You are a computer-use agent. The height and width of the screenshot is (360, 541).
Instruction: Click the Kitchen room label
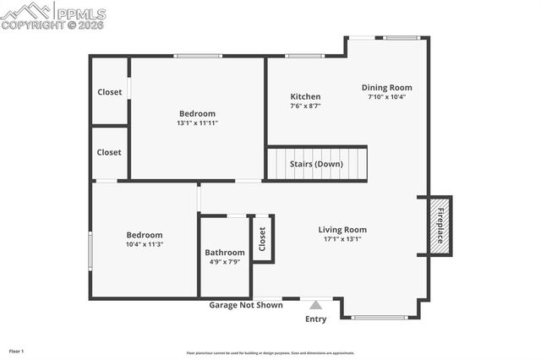coord(305,97)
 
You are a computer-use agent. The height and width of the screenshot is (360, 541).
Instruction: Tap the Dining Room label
coord(386,87)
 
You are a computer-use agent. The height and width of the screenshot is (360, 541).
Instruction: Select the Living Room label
coord(342,229)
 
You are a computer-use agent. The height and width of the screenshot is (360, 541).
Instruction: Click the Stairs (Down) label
coord(317,163)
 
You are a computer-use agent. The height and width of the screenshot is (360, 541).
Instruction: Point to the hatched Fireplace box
coord(440,224)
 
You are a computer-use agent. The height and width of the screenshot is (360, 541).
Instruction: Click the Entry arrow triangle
coord(315,305)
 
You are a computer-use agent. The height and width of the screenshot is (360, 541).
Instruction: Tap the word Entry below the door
coord(315,319)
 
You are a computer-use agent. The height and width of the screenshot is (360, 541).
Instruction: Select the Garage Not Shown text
coord(246,305)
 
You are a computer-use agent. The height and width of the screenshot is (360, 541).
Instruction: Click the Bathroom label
coord(225,253)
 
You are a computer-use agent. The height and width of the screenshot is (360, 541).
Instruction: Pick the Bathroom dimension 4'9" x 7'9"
coord(225,262)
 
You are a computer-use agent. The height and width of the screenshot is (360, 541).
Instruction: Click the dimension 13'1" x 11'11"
coord(197,123)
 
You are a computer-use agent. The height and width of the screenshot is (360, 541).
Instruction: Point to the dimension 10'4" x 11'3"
coord(144,244)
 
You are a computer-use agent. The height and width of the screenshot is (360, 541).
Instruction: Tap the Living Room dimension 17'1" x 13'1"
coord(342,238)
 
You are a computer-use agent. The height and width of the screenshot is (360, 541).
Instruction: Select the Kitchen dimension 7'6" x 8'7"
coord(305,106)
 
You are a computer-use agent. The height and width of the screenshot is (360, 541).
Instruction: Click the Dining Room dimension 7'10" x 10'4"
coord(386,96)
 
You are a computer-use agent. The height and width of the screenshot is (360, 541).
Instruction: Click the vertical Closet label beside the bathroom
coord(262,238)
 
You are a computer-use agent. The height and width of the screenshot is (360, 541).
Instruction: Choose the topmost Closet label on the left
coord(109,92)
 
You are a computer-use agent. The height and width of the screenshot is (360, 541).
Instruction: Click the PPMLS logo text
coord(81,14)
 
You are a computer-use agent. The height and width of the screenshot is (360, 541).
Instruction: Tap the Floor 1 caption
coord(17,351)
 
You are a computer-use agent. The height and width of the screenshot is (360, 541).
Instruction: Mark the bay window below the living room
coord(380,318)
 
